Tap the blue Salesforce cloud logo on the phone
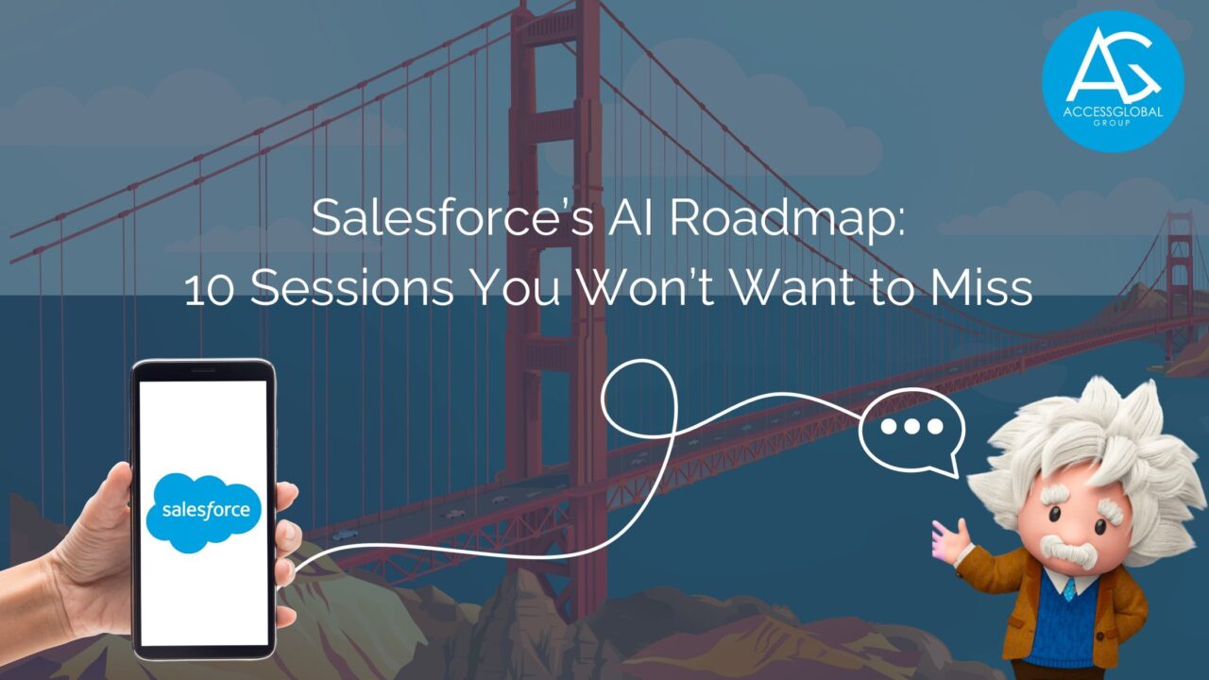tap(204, 509)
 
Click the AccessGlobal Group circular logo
tap(1112, 80)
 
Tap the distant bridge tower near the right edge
tap(1177, 283)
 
